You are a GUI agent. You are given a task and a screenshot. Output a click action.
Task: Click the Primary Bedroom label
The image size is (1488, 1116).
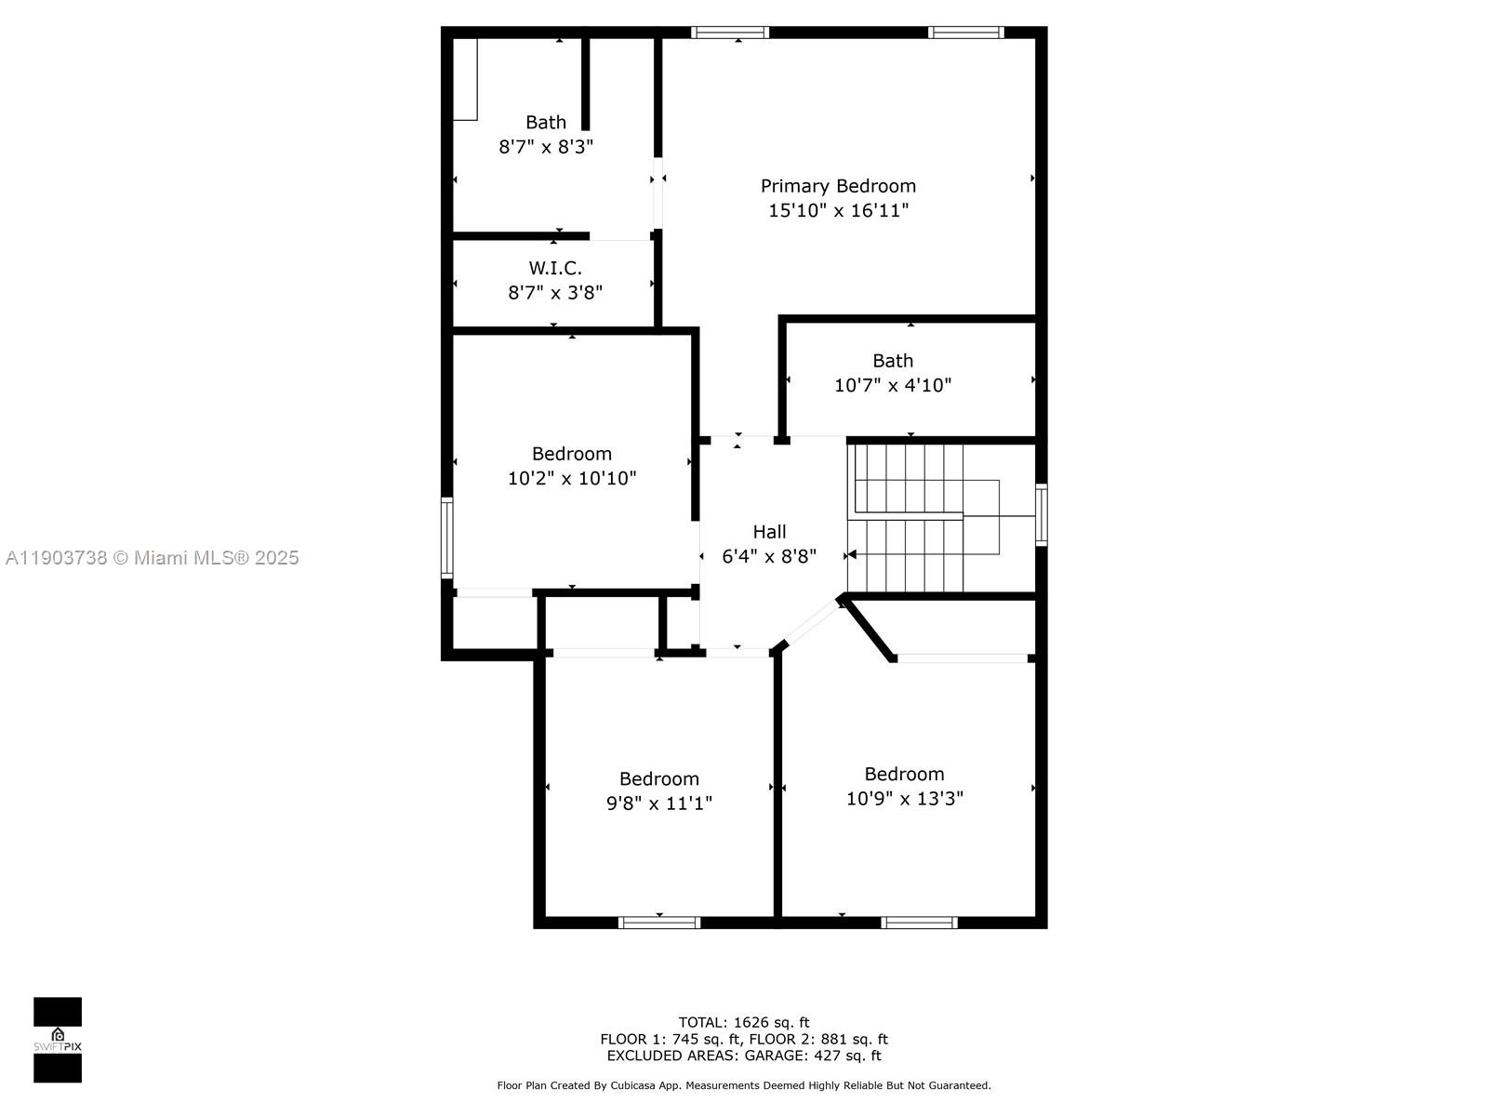pos(838,186)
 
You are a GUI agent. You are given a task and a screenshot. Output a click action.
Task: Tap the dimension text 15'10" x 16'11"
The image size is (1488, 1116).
pos(838,210)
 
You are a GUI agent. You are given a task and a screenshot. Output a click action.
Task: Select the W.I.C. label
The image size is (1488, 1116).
pos(555,268)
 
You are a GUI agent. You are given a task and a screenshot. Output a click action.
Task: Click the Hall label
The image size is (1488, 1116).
pos(769,532)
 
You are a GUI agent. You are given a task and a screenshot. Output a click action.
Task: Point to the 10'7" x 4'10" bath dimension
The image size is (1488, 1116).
pos(892,385)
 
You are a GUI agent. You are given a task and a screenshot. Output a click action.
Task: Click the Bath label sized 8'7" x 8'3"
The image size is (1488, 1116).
pos(546,122)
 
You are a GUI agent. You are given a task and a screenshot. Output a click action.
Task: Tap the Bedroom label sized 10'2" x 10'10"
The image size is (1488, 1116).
pos(571,454)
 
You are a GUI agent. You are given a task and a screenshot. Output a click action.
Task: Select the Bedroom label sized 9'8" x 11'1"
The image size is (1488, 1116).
pos(658,778)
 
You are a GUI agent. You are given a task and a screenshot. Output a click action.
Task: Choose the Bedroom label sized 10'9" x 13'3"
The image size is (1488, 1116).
pos(904,774)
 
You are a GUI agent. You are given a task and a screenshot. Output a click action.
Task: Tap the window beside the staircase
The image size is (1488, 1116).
pos(1042,514)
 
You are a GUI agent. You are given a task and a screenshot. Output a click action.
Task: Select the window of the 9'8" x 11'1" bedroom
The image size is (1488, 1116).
pos(659,923)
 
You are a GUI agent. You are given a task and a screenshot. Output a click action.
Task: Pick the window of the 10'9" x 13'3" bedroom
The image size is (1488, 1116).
pos(919,923)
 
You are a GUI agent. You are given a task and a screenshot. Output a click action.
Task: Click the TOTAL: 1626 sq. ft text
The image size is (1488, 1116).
pos(743,1022)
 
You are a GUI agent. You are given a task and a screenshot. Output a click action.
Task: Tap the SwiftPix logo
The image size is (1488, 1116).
pos(58,1040)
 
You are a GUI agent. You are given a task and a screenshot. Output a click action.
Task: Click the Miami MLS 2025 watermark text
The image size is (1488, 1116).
pos(152,558)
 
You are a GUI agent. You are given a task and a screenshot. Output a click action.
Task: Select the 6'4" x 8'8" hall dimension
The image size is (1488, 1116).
pos(769,556)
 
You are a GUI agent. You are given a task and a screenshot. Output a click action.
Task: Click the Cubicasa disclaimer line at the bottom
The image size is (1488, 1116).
pos(743,1085)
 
